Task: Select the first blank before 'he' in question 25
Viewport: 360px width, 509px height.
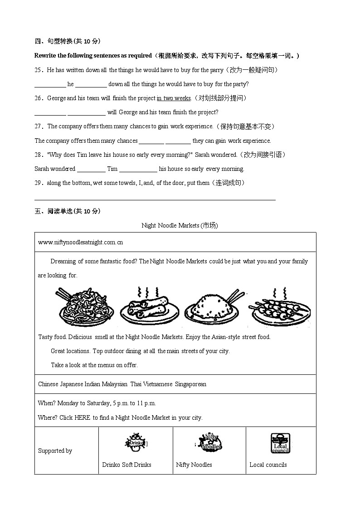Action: click(50, 85)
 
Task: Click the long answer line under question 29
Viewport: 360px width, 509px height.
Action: click(155, 199)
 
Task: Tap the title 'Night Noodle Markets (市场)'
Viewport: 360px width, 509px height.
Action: click(180, 225)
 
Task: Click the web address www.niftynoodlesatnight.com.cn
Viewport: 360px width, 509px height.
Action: click(80, 242)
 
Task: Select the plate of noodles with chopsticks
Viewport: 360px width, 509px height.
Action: click(85, 306)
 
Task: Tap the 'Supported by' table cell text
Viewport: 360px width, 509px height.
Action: click(55, 451)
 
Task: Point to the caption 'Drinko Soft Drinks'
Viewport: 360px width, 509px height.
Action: click(126, 465)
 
